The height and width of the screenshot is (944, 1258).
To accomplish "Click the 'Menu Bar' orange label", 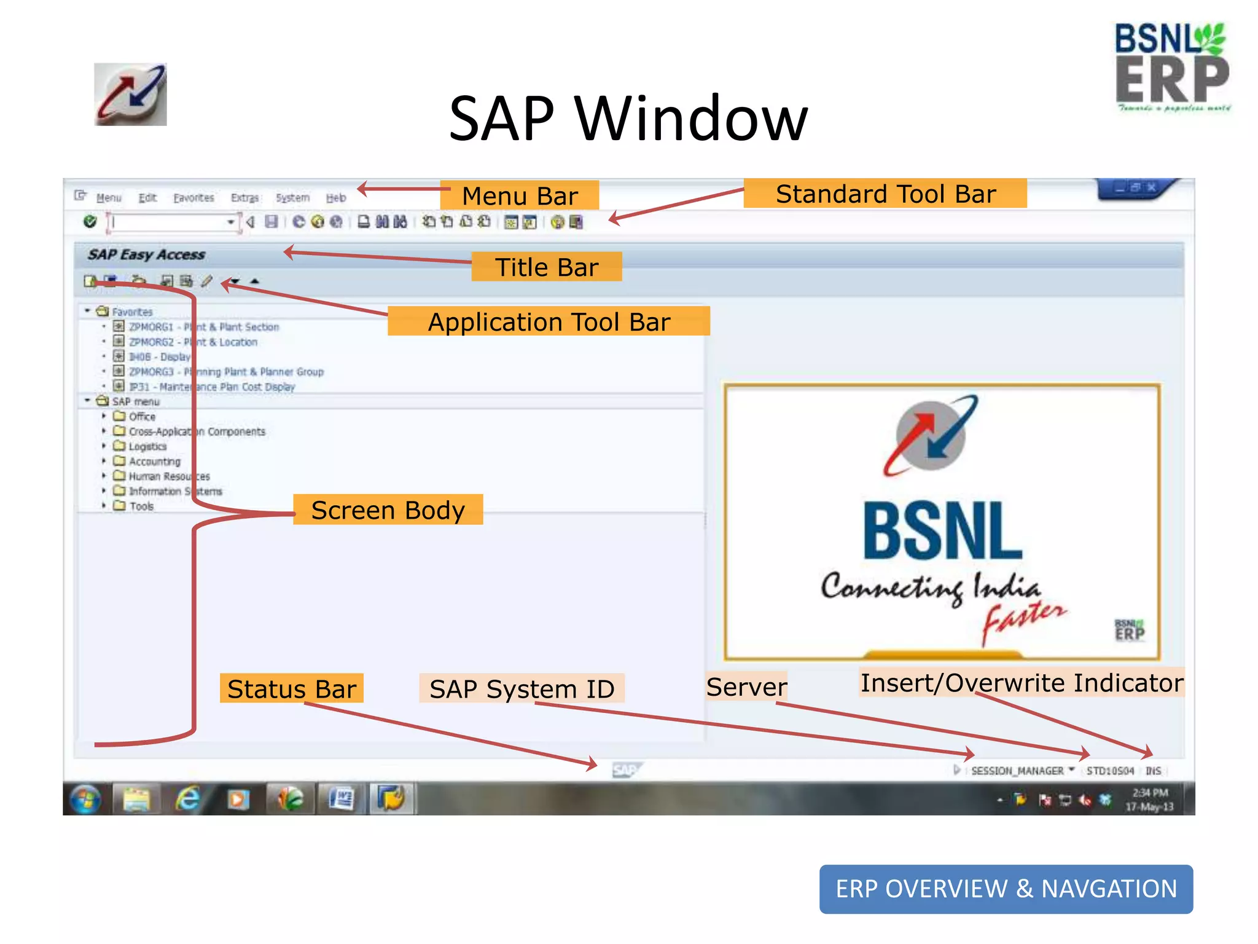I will tap(520, 196).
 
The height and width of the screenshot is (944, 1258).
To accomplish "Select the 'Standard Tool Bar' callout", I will tap(885, 194).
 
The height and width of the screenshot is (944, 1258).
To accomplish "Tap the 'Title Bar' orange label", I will tap(547, 267).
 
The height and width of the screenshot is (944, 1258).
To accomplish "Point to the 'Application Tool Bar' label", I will tap(549, 322).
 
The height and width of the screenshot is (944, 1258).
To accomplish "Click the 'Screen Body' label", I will tap(388, 510).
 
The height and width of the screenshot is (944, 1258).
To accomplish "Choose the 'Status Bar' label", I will tap(292, 689).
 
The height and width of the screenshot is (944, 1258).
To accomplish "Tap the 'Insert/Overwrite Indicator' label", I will tap(1022, 683).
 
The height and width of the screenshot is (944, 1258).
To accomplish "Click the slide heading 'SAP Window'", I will tap(628, 118).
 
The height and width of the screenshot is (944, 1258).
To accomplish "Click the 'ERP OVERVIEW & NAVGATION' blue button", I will tap(1006, 889).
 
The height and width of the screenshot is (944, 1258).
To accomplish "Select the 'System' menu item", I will tap(292, 198).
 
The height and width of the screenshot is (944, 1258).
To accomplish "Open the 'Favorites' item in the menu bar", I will tap(193, 198).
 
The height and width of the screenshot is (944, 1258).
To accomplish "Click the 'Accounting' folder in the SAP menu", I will tap(154, 462).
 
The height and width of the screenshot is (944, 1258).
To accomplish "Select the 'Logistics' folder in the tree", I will tap(147, 447).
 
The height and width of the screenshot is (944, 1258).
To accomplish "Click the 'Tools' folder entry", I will tap(141, 506).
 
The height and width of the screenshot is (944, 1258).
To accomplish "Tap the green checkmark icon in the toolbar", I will tap(90, 221).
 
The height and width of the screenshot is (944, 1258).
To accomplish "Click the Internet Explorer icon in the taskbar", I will tap(187, 799).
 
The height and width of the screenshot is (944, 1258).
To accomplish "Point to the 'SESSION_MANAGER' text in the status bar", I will tap(1017, 771).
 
